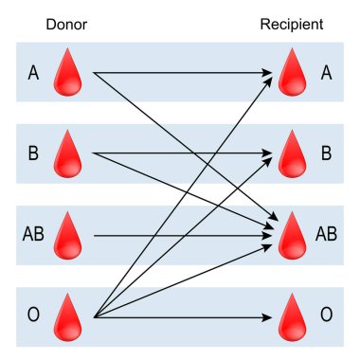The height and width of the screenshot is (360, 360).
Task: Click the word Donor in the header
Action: pos(66,23)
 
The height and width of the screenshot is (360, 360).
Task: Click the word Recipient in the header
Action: pos(291,23)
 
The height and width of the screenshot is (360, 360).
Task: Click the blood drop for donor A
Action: pos(69,73)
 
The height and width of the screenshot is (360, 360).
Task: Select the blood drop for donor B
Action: pos(69,154)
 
